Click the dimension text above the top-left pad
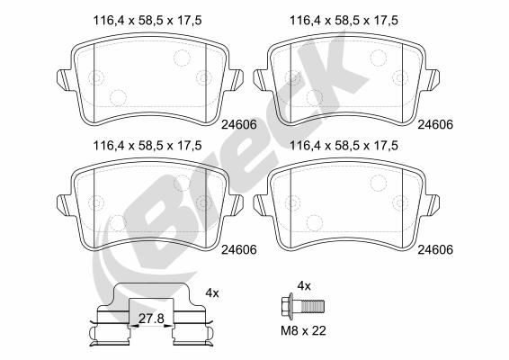click(x=147, y=21)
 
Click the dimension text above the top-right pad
click(x=344, y=21)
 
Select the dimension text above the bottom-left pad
click(x=147, y=146)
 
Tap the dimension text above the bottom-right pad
click(x=344, y=146)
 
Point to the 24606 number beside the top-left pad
click(x=239, y=124)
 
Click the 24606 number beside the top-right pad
click(x=435, y=124)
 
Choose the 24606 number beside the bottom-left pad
click(x=239, y=249)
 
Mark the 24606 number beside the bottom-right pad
click(x=435, y=249)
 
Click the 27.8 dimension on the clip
click(x=151, y=319)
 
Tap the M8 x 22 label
click(x=303, y=331)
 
